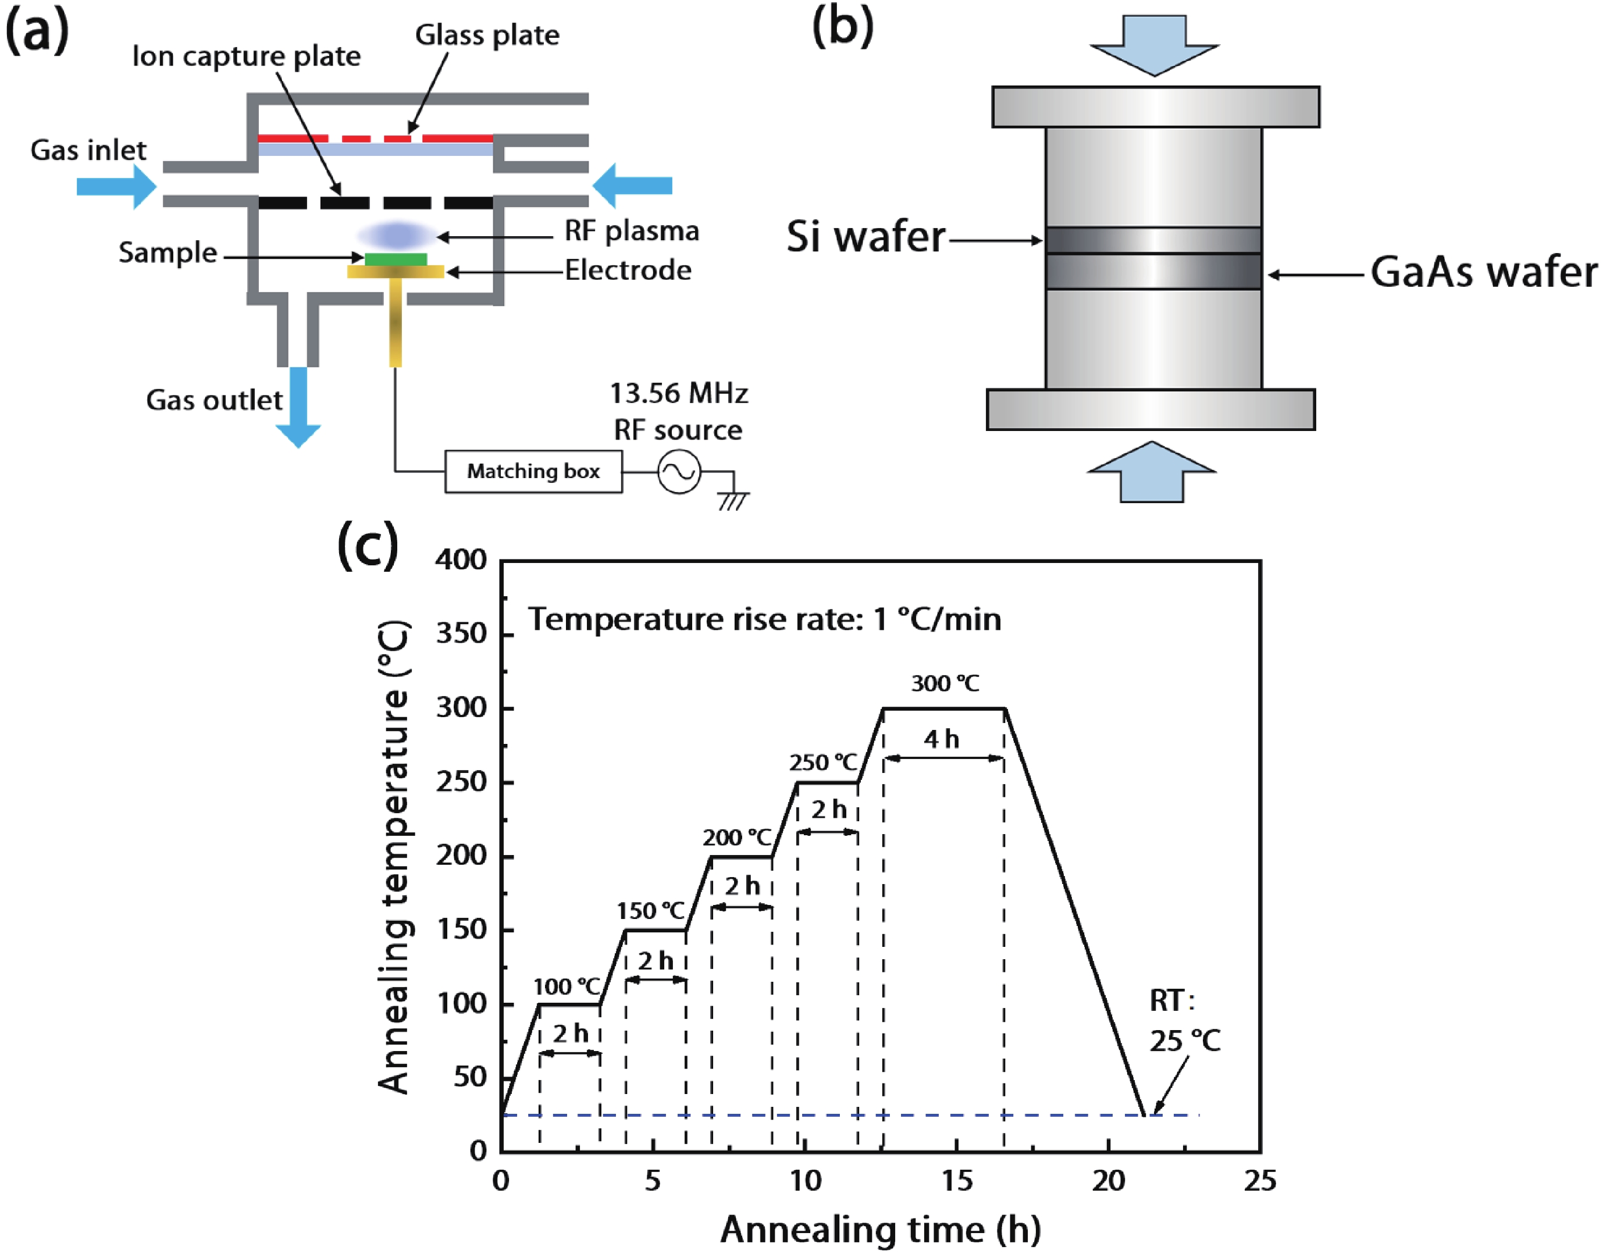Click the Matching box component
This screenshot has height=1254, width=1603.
pyautogui.click(x=533, y=471)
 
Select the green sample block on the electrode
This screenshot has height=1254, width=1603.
pyautogui.click(x=396, y=259)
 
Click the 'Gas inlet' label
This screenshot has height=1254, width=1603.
pyautogui.click(x=88, y=150)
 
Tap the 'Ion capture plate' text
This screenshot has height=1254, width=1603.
pyautogui.click(x=246, y=56)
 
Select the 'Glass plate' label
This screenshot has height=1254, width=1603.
pyautogui.click(x=487, y=35)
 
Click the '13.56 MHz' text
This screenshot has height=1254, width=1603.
pyautogui.click(x=679, y=394)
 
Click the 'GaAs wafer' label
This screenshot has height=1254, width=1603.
pyautogui.click(x=1483, y=272)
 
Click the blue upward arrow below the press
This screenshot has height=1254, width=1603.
pyautogui.click(x=1152, y=473)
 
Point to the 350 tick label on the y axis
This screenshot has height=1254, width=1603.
pyautogui.click(x=461, y=633)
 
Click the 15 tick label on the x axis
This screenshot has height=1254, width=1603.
pyautogui.click(x=957, y=1181)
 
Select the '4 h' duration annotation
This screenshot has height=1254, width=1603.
pyautogui.click(x=942, y=739)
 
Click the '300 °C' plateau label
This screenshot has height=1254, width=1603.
pyautogui.click(x=945, y=683)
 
